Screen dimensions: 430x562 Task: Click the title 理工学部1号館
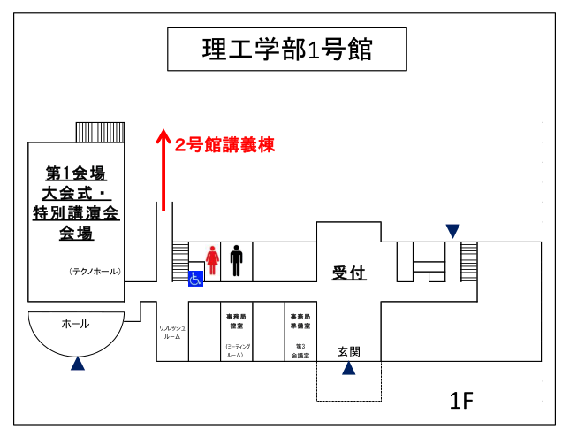286,50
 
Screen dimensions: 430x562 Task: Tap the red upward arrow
163,168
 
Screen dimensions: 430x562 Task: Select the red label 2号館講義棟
224,144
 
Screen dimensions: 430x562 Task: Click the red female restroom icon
212,259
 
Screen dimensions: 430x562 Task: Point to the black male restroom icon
236,259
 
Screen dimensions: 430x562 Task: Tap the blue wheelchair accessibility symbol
195,278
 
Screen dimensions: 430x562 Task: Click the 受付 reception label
349,273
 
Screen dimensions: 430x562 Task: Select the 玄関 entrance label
349,351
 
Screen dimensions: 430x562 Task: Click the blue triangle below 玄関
349,368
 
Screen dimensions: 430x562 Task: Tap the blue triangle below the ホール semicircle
78,363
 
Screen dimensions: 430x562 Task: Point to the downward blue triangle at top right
452,232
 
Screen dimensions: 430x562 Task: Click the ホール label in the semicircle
75,324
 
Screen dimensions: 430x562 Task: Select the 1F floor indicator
461,401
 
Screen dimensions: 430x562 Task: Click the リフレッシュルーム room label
172,332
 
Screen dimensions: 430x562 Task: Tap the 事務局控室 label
236,320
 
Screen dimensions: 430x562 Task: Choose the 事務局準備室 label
300,320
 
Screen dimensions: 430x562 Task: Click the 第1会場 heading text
76,173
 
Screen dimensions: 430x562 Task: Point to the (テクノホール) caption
95,272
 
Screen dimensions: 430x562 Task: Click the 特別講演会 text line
76,213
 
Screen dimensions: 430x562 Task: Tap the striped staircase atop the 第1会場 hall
100,132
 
